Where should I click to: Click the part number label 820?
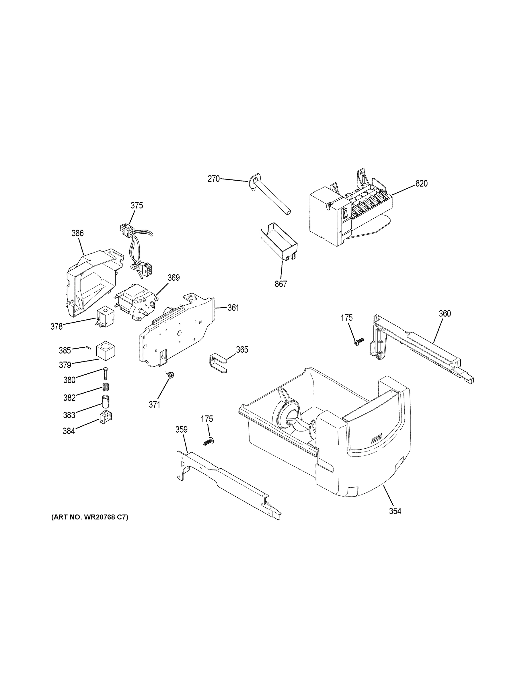tap(421, 183)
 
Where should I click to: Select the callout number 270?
tap(213, 179)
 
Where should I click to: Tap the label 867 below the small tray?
tap(280, 284)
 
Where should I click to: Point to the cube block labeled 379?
tap(106, 351)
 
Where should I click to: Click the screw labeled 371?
tap(171, 375)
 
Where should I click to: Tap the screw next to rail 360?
tap(359, 341)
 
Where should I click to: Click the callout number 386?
tap(77, 233)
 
